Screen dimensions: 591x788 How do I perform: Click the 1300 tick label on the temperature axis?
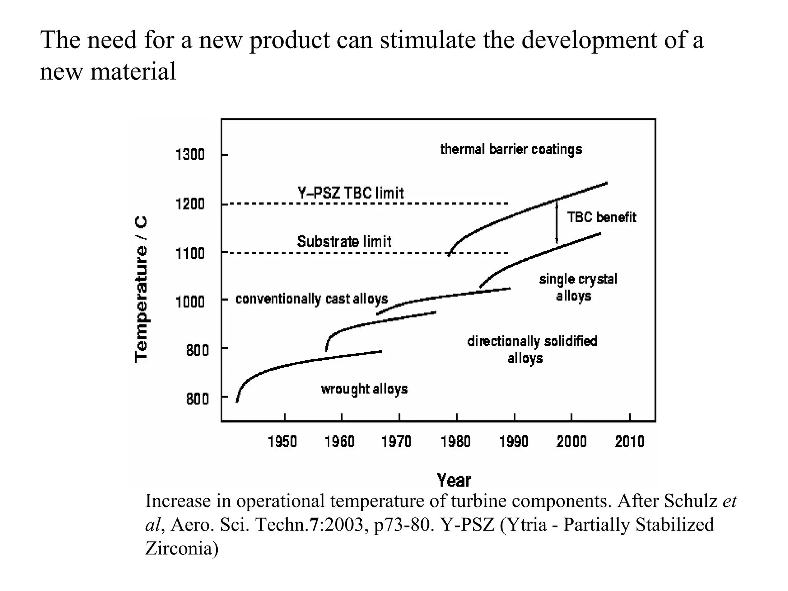coord(190,155)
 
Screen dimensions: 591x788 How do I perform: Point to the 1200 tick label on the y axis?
coord(190,204)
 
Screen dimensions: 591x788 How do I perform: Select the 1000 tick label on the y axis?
coord(190,302)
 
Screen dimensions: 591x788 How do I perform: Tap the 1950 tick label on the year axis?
coord(282,442)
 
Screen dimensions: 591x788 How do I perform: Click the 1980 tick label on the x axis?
coord(456,442)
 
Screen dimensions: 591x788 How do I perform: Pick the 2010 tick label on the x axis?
coord(629,442)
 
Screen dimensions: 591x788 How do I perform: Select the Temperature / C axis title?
coord(141,289)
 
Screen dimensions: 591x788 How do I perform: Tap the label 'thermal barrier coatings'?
coord(511,149)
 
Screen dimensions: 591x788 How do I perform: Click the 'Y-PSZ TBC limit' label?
coord(351,193)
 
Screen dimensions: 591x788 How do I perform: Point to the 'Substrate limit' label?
coord(344,242)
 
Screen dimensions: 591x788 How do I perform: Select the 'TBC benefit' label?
coord(601,218)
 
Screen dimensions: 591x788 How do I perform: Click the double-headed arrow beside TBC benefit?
coord(556,223)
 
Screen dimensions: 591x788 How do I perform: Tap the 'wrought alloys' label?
coord(364,389)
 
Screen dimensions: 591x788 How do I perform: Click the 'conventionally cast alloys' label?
coord(312,299)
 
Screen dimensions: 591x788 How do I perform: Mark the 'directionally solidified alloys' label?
coord(532,349)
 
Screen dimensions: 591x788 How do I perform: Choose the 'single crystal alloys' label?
coord(578,287)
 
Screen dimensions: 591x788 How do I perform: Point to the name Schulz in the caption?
coord(691,501)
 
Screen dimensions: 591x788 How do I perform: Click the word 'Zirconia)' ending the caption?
coord(182,548)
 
